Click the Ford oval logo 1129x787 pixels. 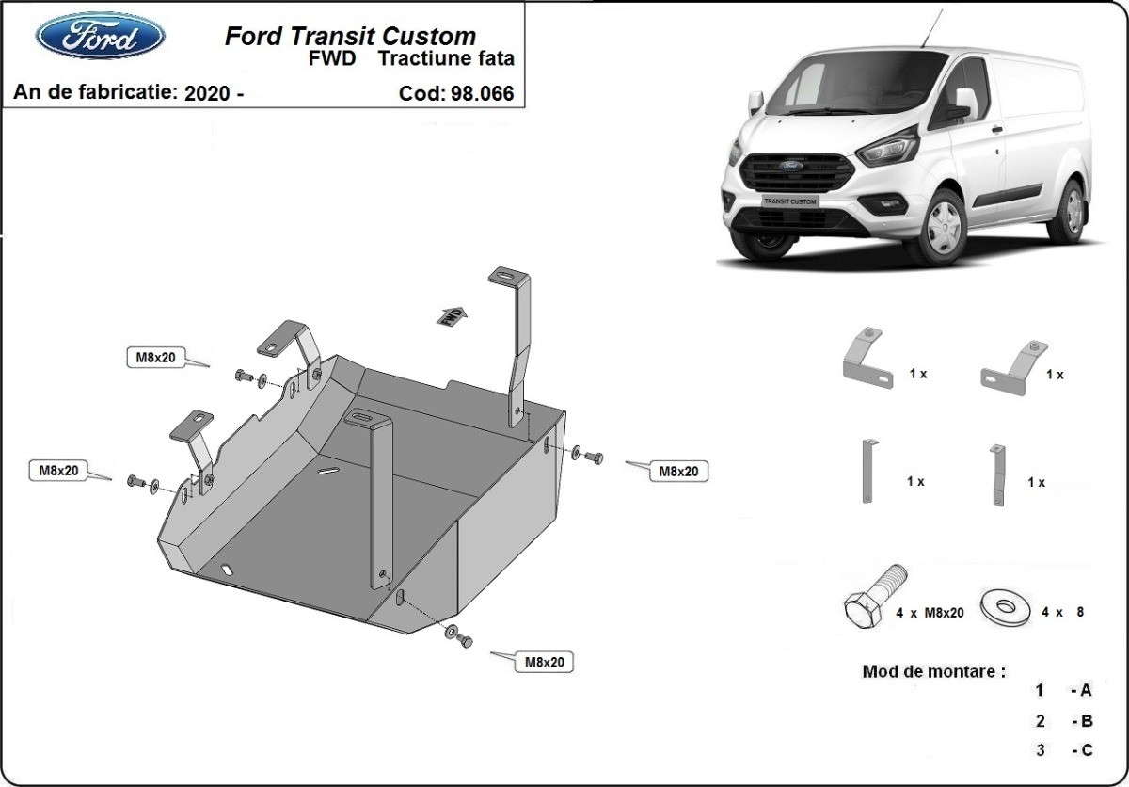[101, 37]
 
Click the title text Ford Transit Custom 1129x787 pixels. [350, 37]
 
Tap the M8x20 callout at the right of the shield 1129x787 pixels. [677, 471]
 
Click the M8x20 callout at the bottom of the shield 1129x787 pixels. [544, 662]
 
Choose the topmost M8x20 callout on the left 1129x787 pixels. [156, 357]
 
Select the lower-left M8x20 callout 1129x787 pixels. [58, 469]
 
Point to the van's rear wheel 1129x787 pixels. [1067, 212]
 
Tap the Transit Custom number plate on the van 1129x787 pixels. [788, 201]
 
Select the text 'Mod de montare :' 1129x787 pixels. [933, 672]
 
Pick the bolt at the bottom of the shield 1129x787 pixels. [463, 640]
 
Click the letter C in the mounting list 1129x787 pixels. [1087, 750]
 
